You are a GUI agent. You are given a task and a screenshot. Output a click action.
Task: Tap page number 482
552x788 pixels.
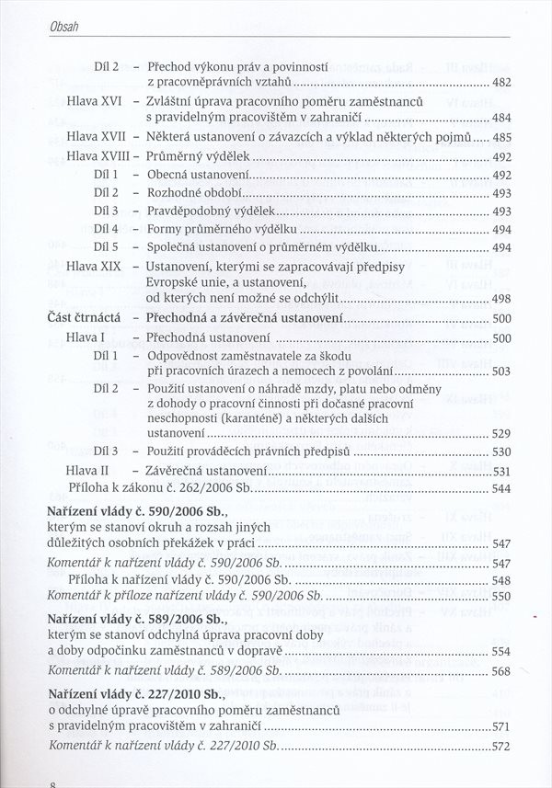pos(501,84)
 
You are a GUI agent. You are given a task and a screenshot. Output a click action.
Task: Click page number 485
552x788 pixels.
pos(501,138)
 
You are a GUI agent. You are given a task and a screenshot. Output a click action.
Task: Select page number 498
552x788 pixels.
pos(501,299)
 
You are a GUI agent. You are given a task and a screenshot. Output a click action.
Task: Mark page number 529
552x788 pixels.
pos(501,433)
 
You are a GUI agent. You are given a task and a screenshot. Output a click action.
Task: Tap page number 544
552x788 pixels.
pos(501,488)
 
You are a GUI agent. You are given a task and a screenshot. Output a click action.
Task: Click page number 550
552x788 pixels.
pos(501,597)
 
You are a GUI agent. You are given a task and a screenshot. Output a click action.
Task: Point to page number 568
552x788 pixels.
pos(501,671)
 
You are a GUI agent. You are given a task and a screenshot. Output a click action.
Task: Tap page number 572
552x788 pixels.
pos(501,746)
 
